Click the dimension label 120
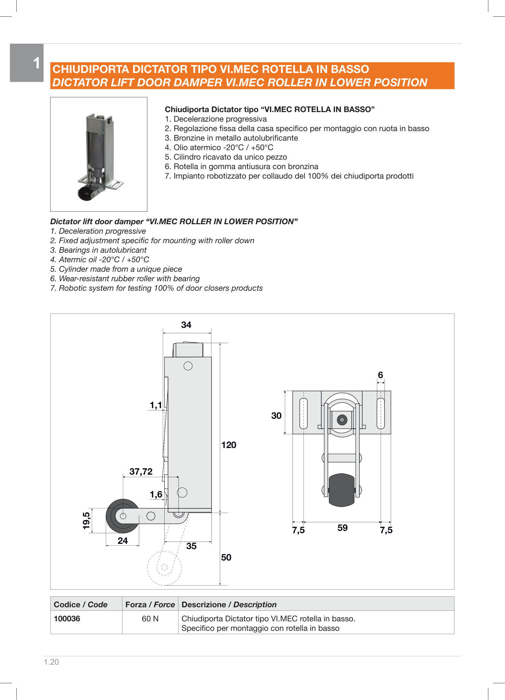point(229,445)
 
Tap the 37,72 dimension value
point(141,472)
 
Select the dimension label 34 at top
point(186,325)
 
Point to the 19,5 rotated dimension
point(87,520)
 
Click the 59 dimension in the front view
point(342,528)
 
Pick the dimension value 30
point(276,416)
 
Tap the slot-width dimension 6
point(380,375)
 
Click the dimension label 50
point(226,557)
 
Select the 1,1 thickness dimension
point(156,405)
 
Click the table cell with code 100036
point(67,619)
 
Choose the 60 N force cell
point(150,619)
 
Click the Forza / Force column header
point(150,605)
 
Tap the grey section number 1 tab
point(27,63)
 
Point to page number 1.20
point(51,662)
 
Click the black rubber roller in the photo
point(84,193)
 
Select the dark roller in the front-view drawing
point(341,490)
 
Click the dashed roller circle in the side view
point(164,568)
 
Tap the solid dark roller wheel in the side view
point(122,516)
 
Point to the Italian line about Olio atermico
point(219,147)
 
